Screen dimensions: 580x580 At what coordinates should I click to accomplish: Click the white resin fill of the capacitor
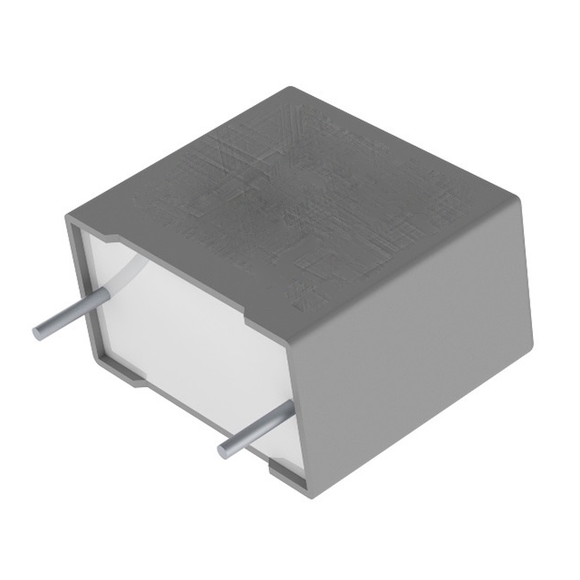tap(181, 326)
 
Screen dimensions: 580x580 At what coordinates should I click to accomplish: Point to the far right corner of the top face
tap(524, 207)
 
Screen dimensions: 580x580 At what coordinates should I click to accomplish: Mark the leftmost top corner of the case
tap(67, 216)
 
